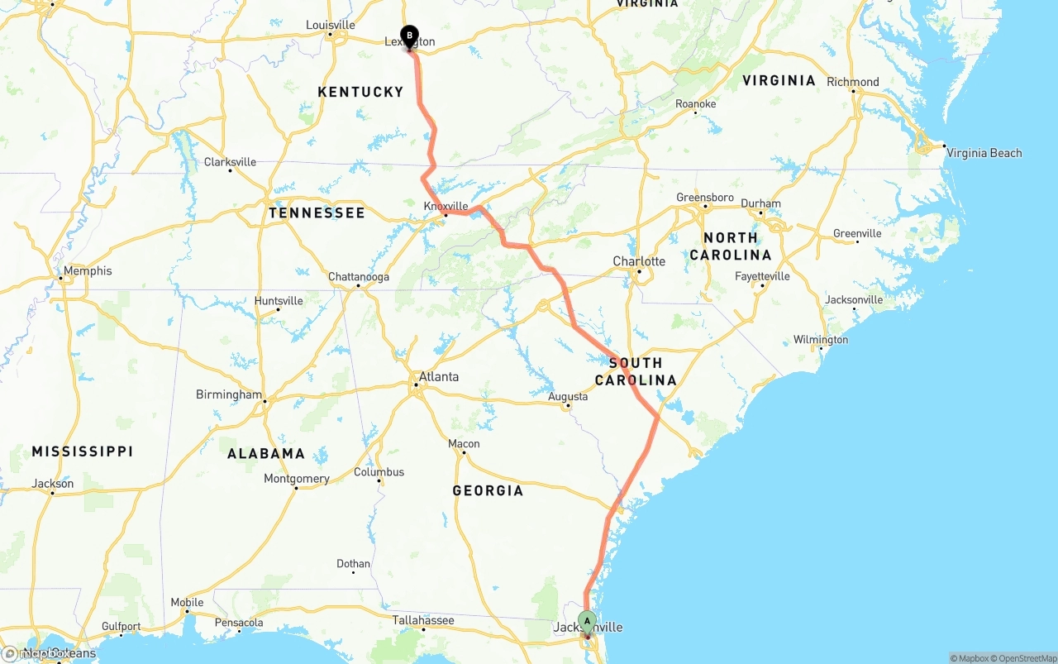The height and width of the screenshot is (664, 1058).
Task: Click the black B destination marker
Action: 409,36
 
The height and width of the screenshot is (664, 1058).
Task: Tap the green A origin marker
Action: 587,621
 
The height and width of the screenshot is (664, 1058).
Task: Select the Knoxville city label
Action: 446,206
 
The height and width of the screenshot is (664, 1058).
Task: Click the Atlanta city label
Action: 438,377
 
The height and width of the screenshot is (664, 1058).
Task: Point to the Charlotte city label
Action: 639,261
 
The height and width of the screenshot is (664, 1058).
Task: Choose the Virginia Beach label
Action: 984,153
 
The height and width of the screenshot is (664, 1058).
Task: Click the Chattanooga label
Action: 358,277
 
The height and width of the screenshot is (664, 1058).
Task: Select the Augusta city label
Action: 568,397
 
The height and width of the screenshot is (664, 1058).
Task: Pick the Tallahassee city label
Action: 423,620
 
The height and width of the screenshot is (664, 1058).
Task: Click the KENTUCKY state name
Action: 360,92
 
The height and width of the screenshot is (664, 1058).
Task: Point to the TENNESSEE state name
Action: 317,213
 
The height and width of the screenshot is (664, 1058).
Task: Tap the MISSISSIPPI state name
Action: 82,451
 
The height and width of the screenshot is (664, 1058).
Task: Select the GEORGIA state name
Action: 488,491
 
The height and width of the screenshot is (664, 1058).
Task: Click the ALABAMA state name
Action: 266,454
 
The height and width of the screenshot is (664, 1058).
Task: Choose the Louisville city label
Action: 330,25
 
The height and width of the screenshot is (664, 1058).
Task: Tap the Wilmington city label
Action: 821,340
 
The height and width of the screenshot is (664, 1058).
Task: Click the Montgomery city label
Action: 297,479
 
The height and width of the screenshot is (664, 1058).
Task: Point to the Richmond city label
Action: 853,82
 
